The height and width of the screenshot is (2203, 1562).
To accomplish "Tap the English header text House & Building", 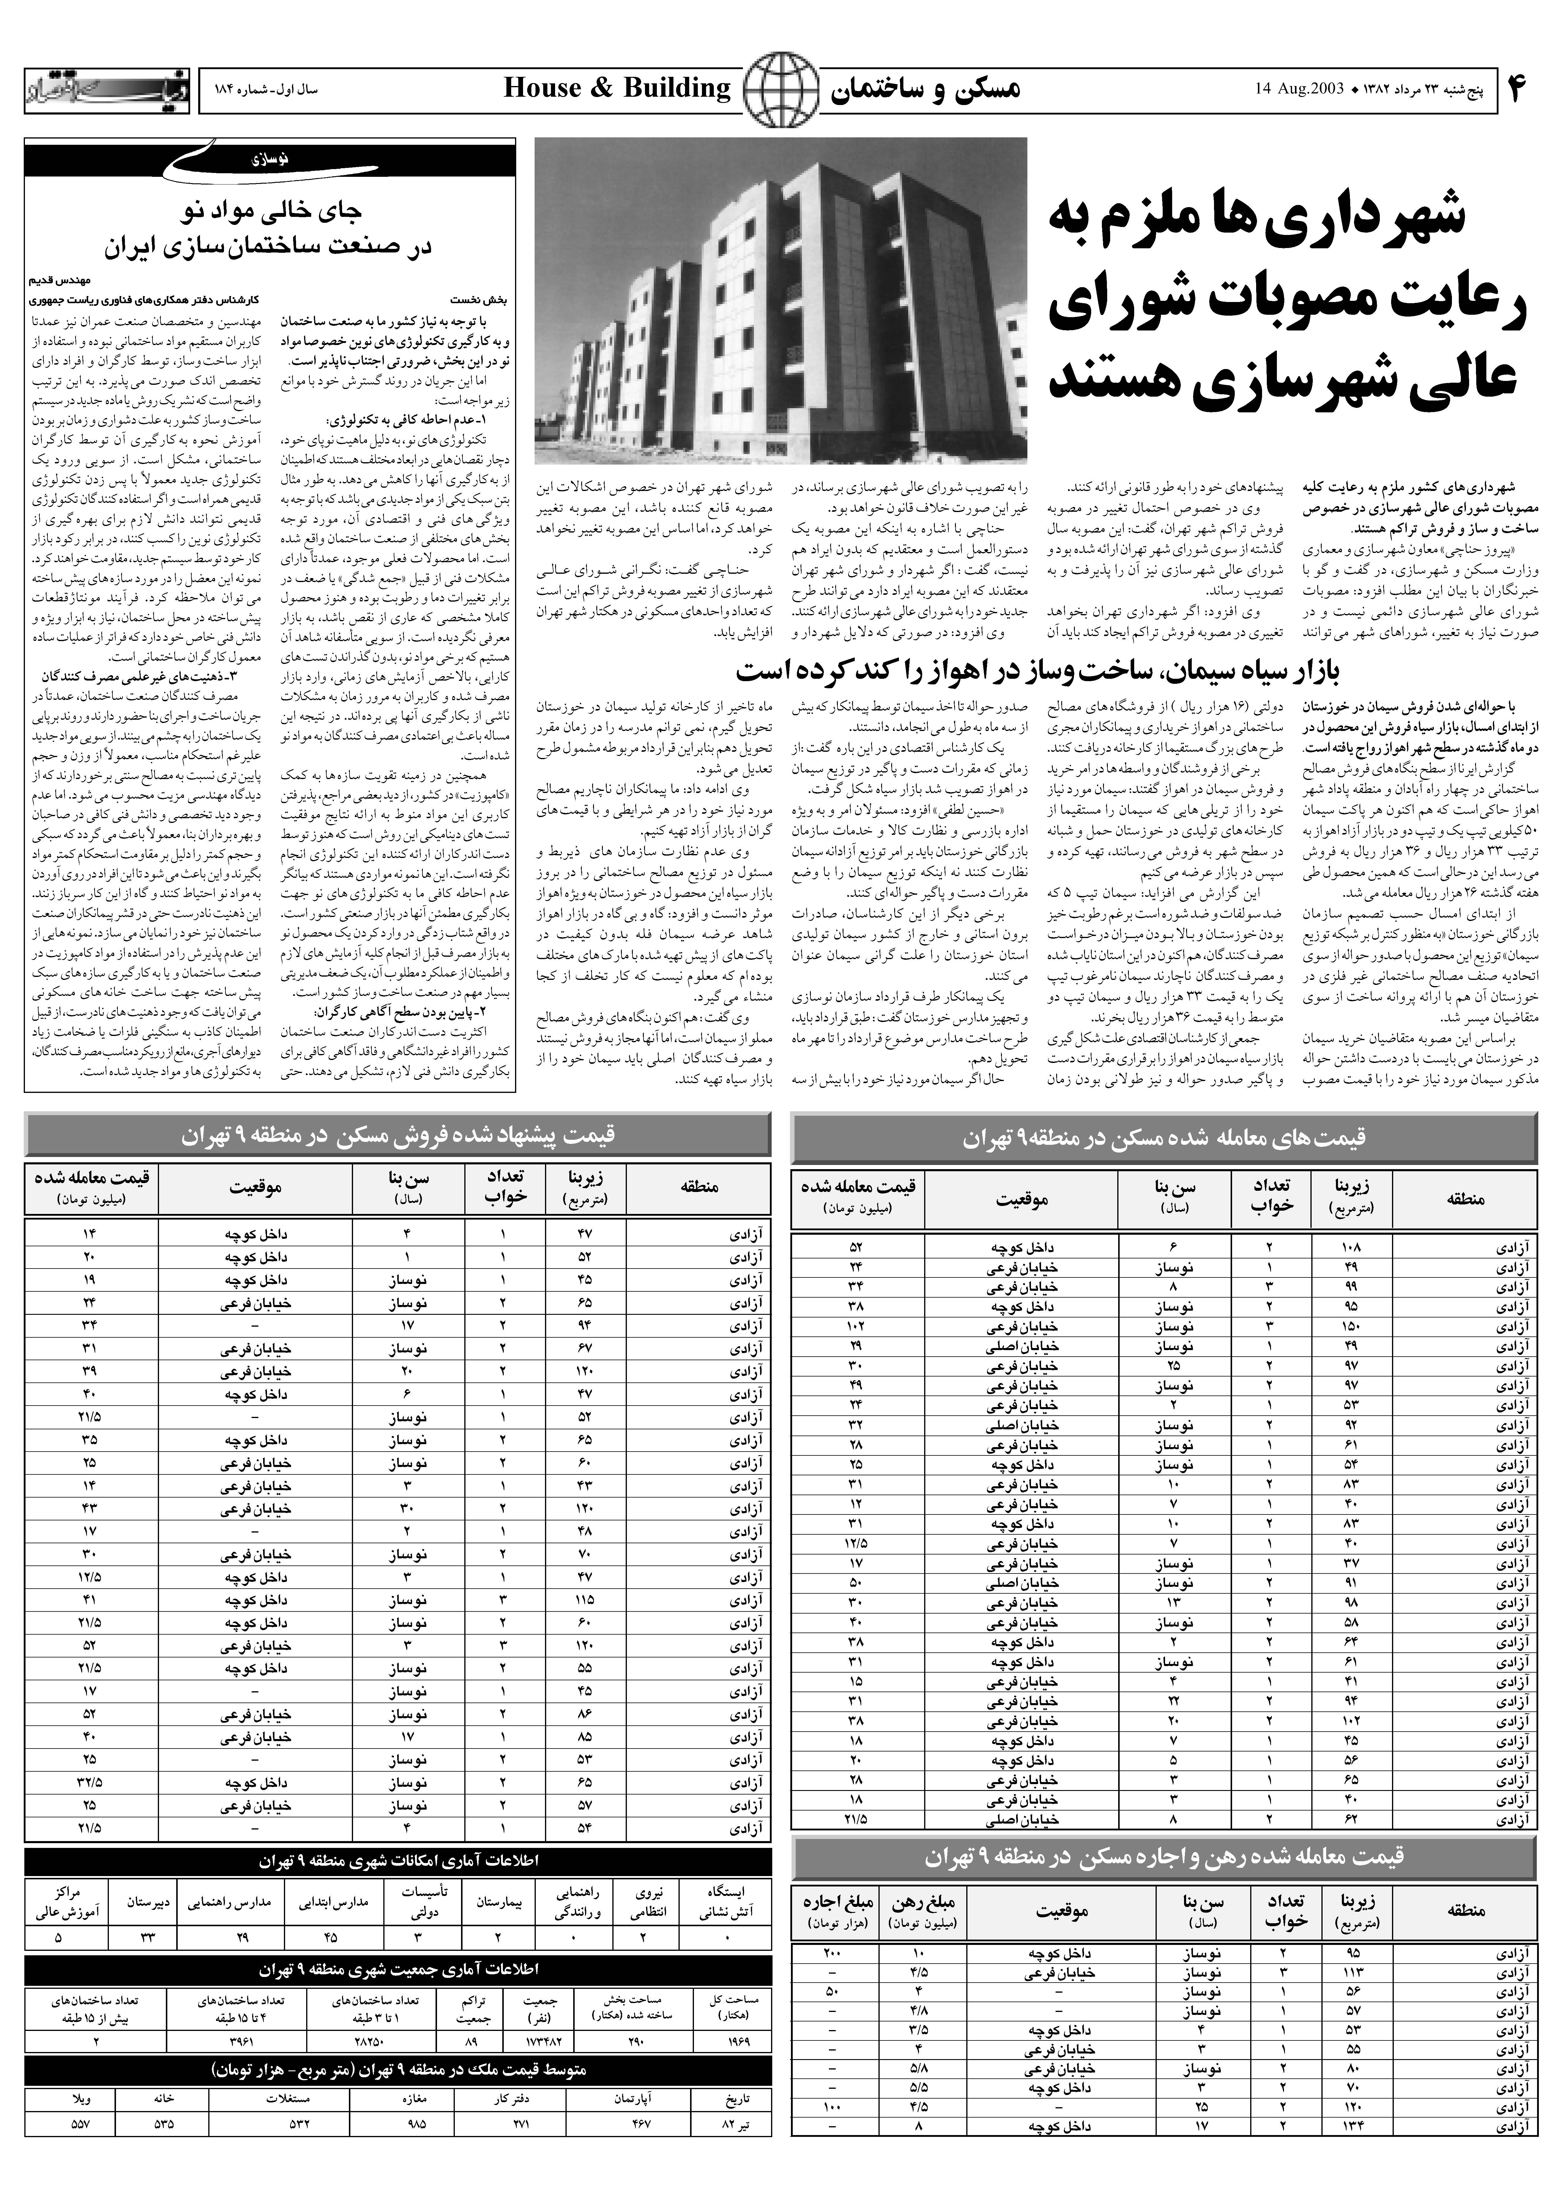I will [x=617, y=88].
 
